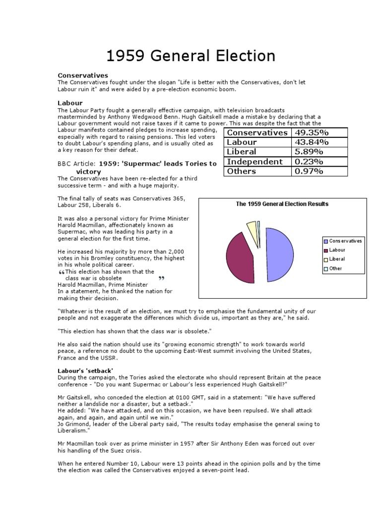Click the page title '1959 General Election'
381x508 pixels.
[191, 56]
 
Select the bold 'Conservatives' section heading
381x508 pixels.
[83, 75]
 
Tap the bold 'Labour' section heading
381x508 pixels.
[70, 103]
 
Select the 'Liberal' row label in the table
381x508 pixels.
[242, 152]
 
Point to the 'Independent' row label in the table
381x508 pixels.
[254, 162]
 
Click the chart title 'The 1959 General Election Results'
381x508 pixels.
[282, 204]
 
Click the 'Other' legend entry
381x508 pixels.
[337, 268]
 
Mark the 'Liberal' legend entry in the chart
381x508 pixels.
[337, 259]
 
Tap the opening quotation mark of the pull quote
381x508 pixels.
[62, 273]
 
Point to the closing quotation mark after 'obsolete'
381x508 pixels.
[160, 278]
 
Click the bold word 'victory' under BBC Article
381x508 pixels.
[88, 172]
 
